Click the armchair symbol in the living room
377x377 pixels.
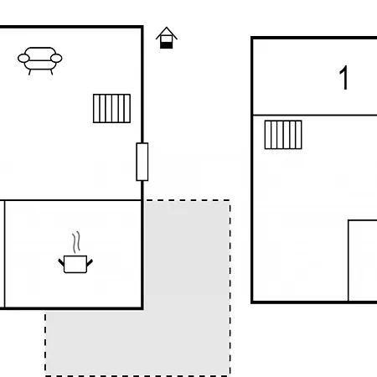click(40, 60)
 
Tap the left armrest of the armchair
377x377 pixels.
click(23, 59)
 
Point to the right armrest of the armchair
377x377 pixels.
click(56, 59)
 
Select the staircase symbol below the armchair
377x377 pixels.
click(111, 108)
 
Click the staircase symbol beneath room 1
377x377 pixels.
click(283, 135)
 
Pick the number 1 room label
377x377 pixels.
click(344, 78)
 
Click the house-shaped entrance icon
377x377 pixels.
click(167, 38)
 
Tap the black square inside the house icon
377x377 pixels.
click(167, 45)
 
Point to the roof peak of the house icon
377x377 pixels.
click(167, 28)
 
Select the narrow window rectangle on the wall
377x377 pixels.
click(142, 162)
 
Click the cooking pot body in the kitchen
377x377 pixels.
click(75, 264)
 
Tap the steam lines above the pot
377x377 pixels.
click(76, 242)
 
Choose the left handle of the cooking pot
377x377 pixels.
click(61, 262)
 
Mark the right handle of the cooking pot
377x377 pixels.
click(90, 262)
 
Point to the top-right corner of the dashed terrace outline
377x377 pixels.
click(230, 200)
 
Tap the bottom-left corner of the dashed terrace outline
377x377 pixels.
click(45, 375)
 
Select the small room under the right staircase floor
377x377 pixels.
click(363, 261)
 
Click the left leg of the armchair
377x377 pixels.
click(29, 72)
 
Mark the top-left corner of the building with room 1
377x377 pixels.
click(252, 38)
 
